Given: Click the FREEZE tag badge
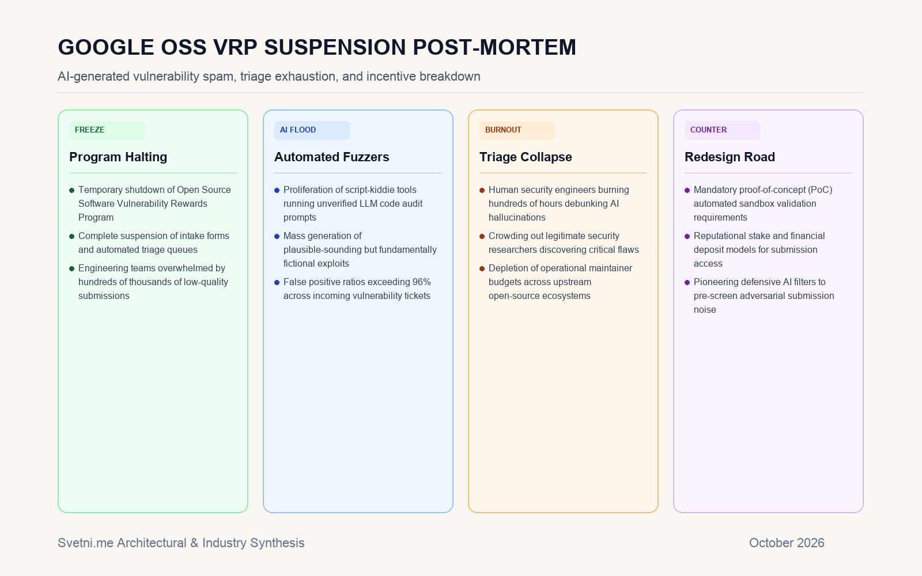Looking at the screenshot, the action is pos(107,130).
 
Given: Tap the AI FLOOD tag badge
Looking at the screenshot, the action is pos(312,130).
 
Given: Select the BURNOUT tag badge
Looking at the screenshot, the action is pos(517,130).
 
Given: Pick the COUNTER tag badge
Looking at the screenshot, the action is pos(723,130).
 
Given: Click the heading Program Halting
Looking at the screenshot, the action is pos(118,157).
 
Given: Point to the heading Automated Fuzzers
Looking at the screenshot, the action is pos(332,157).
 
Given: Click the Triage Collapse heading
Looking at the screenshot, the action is pos(526,157).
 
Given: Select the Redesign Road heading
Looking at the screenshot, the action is pos(730,157).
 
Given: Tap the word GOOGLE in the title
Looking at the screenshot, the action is pos(106,47).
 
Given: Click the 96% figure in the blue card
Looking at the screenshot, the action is pos(421,282).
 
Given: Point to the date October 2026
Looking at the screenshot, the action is pos(787,543).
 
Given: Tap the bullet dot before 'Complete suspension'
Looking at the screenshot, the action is pos(71,236).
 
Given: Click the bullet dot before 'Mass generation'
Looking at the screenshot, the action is pos(277,236).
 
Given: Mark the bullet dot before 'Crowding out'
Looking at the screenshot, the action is pos(482,236).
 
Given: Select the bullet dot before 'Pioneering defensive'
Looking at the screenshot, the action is pos(687,282).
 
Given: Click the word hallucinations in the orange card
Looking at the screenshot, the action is pos(517,217).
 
